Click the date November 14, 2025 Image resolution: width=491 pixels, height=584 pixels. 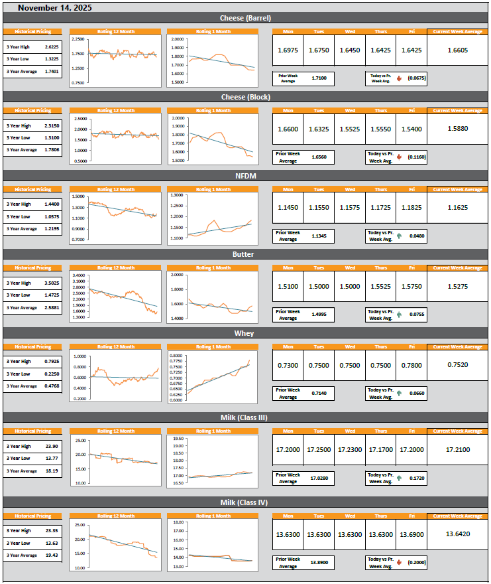[x=55, y=8]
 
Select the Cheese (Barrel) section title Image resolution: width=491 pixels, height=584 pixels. [x=245, y=18]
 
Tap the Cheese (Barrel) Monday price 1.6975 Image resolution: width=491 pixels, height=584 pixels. [x=288, y=50]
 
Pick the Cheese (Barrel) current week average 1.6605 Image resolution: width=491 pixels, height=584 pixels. [x=458, y=50]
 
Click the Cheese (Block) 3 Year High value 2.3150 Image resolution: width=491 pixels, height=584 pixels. [x=50, y=125]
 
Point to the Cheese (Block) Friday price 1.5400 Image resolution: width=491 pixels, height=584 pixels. [x=411, y=129]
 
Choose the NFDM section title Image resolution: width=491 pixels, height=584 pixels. [x=245, y=176]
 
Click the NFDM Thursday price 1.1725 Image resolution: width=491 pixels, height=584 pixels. [x=380, y=208]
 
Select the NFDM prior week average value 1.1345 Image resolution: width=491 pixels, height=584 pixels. [x=319, y=236]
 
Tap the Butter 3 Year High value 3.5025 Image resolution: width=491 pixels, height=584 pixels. [x=50, y=283]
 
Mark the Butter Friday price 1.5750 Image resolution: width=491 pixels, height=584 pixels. [x=411, y=287]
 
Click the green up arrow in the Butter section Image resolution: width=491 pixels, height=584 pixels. [x=400, y=315]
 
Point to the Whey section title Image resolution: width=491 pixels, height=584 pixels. [x=245, y=333]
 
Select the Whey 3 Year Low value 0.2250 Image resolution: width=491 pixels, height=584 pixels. [x=50, y=374]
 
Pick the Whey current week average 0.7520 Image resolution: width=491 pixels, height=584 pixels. [x=458, y=364]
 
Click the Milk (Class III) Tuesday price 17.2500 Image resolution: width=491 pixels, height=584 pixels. [x=319, y=449]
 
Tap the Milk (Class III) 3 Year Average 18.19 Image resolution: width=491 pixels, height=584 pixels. [x=50, y=471]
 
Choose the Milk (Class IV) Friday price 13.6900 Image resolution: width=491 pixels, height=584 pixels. [x=411, y=534]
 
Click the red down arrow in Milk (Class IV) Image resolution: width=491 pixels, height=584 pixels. [x=400, y=562]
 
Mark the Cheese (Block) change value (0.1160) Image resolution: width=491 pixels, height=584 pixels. [x=416, y=157]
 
